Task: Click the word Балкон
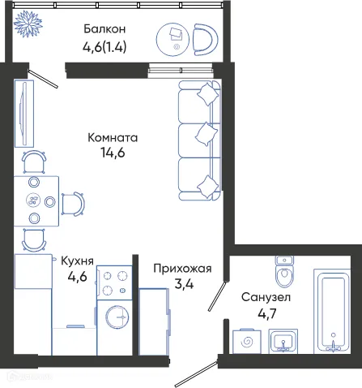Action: pyautogui.click(x=108, y=30)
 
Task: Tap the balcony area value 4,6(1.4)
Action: pyautogui.click(x=109, y=46)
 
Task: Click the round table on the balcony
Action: pyautogui.click(x=176, y=36)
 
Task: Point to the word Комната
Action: pyautogui.click(x=113, y=137)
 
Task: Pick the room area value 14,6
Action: pyautogui.click(x=113, y=153)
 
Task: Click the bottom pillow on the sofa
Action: pyautogui.click(x=208, y=188)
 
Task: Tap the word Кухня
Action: pyautogui.click(x=79, y=261)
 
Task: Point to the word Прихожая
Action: pyautogui.click(x=182, y=269)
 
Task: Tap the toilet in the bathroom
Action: pyautogui.click(x=283, y=275)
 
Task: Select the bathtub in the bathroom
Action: pyautogui.click(x=333, y=311)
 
